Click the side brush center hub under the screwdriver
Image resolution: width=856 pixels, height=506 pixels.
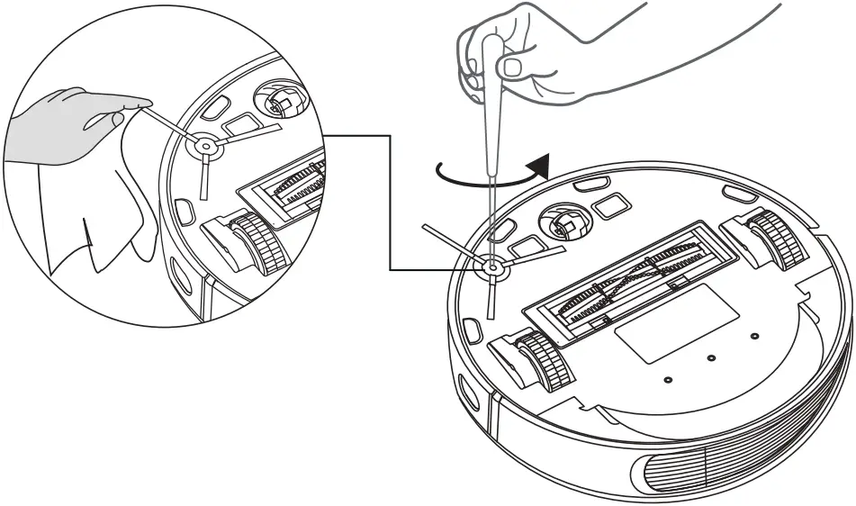pos(492,267)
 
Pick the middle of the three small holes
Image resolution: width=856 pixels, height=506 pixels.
pos(711,358)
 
